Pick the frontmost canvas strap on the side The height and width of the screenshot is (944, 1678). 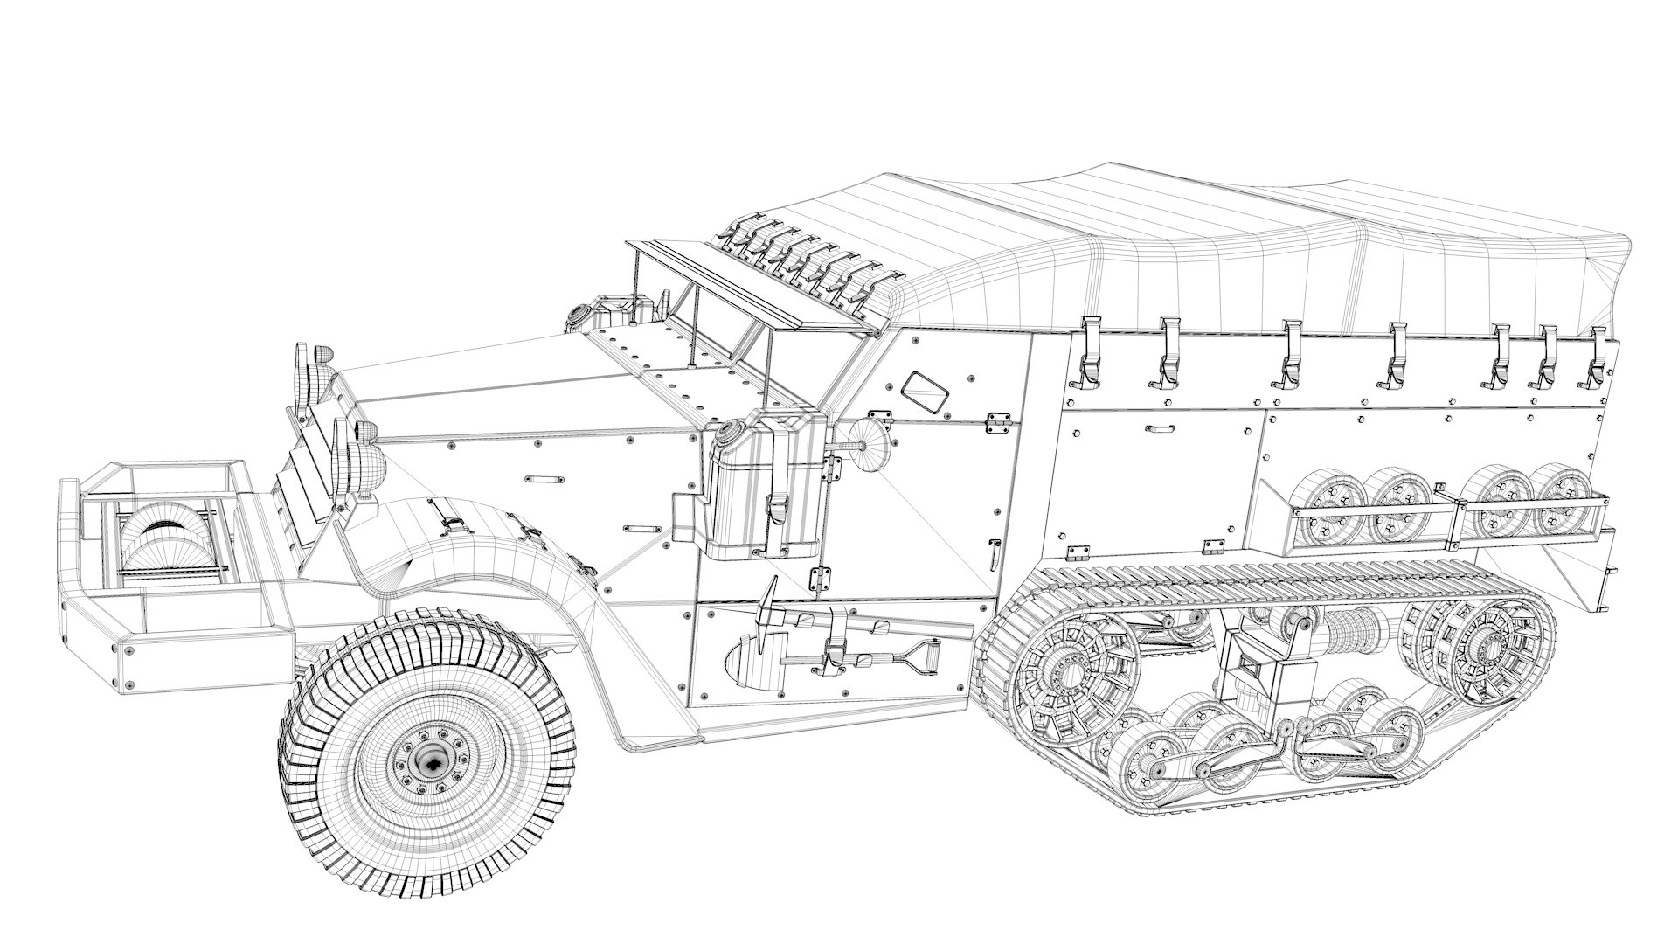click(x=1087, y=354)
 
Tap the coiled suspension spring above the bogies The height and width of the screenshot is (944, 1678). click(x=1350, y=628)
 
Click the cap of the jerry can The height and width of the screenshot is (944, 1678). click(x=727, y=432)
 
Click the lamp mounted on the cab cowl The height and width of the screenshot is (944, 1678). click(x=580, y=316)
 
